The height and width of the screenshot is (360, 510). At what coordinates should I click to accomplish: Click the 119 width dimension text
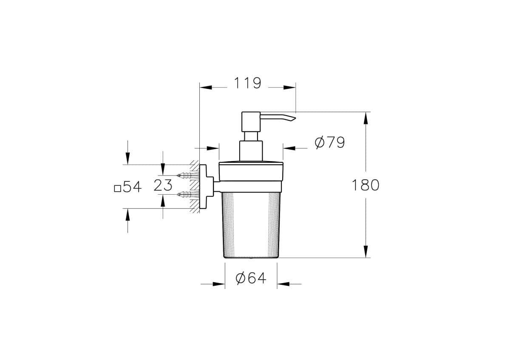coord(247,83)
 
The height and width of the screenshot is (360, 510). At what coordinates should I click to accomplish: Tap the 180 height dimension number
coord(365,185)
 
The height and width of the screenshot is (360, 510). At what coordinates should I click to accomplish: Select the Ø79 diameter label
coord(330,143)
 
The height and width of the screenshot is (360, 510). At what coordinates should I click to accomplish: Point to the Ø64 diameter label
coord(251,278)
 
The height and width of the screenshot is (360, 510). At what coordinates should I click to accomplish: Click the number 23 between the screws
coord(163,185)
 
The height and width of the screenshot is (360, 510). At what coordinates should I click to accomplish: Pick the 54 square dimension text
coord(132,187)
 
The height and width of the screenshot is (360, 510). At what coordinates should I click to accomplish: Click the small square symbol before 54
coord(117,189)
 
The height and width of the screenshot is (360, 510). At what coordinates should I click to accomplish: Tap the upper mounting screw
coord(188,175)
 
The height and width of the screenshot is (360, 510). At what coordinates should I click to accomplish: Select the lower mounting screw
coord(188,194)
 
